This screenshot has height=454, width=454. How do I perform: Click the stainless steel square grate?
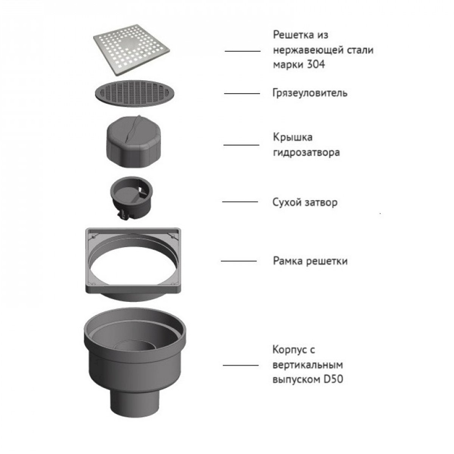tap(131, 50)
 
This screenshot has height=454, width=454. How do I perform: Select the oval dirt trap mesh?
tap(135, 93)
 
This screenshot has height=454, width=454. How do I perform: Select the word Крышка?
tap(292, 137)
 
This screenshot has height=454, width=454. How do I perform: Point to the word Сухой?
tap(287, 202)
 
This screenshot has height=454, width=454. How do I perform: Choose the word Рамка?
tap(288, 261)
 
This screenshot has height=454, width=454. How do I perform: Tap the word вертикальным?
tap(308, 365)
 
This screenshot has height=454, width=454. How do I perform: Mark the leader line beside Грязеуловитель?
tap(242, 93)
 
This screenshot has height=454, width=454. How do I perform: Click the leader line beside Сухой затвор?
tap(240, 202)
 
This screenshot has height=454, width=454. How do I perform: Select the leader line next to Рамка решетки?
tap(239, 261)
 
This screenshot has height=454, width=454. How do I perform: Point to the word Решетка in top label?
tap(294, 35)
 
